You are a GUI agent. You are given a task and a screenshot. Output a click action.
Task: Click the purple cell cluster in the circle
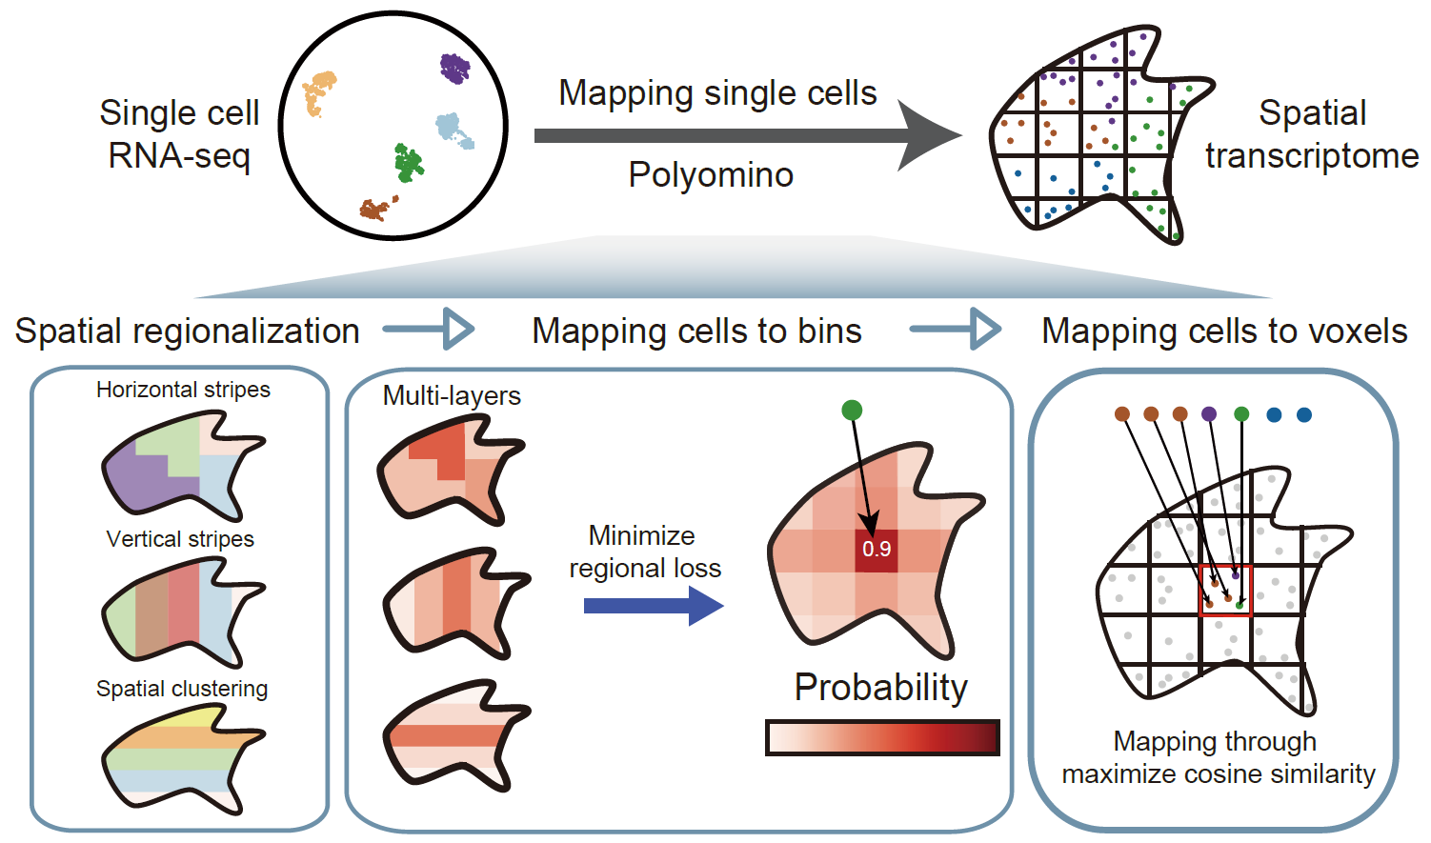point(455,69)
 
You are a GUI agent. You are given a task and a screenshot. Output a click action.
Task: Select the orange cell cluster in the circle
point(318,93)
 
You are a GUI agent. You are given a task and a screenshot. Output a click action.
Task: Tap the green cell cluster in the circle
point(409,163)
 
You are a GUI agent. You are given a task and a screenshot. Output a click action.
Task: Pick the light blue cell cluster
point(453,130)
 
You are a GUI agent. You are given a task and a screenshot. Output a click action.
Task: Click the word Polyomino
point(711,175)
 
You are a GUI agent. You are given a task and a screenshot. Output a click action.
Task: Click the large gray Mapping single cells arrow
point(743,135)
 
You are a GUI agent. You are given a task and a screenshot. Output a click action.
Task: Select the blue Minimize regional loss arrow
point(653,606)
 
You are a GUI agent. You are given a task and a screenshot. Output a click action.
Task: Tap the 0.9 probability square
point(877,550)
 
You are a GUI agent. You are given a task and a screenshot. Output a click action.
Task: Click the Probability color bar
point(882,738)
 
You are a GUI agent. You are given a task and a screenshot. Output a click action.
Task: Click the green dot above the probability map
point(852,411)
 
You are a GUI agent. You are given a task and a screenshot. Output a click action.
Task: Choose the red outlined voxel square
point(1225,591)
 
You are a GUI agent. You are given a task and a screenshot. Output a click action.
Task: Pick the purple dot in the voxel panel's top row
point(1209,414)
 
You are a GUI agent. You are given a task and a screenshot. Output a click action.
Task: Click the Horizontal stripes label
point(183,390)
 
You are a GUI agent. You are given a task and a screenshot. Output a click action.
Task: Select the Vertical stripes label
point(180,539)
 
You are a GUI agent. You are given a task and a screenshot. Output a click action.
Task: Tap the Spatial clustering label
point(182,689)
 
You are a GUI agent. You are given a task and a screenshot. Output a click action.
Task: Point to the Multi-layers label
point(452,396)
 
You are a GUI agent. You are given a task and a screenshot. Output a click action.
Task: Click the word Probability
point(881,688)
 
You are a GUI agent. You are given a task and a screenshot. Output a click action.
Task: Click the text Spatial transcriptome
point(1312,134)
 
